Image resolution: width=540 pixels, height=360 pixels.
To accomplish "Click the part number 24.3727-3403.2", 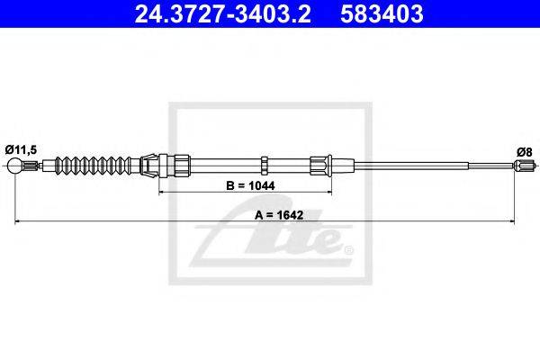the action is (222, 14).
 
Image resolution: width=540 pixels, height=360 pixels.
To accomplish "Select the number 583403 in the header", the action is (382, 14).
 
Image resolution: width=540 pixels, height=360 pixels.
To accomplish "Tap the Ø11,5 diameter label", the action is (21, 150).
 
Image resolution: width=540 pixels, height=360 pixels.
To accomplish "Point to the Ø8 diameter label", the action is (525, 151).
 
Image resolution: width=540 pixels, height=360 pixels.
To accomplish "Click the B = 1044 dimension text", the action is (250, 185).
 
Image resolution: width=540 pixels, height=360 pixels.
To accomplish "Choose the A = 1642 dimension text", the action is (279, 215).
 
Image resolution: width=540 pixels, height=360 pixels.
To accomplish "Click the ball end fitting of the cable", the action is (14, 166).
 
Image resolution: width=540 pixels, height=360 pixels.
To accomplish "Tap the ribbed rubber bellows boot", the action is (94, 166).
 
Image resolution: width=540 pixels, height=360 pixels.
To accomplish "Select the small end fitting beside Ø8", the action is (523, 166).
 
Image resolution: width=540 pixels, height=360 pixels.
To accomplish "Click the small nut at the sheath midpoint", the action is (264, 165).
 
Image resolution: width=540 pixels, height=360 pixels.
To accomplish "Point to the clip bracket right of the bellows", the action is (148, 165).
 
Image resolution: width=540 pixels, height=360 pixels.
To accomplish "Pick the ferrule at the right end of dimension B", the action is (320, 166).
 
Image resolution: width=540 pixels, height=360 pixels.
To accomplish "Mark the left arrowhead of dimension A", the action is (17, 221).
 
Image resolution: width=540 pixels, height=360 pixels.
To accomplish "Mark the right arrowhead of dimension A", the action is (512, 221).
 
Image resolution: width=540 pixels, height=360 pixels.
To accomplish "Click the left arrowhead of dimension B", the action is (161, 192).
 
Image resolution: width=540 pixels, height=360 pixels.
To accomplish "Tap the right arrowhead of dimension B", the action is (328, 192).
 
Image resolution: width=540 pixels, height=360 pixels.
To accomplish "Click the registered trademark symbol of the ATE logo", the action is (349, 250).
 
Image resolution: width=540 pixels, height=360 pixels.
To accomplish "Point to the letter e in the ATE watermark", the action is (330, 241).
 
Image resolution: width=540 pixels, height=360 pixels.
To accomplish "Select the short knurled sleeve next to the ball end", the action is (31, 166).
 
